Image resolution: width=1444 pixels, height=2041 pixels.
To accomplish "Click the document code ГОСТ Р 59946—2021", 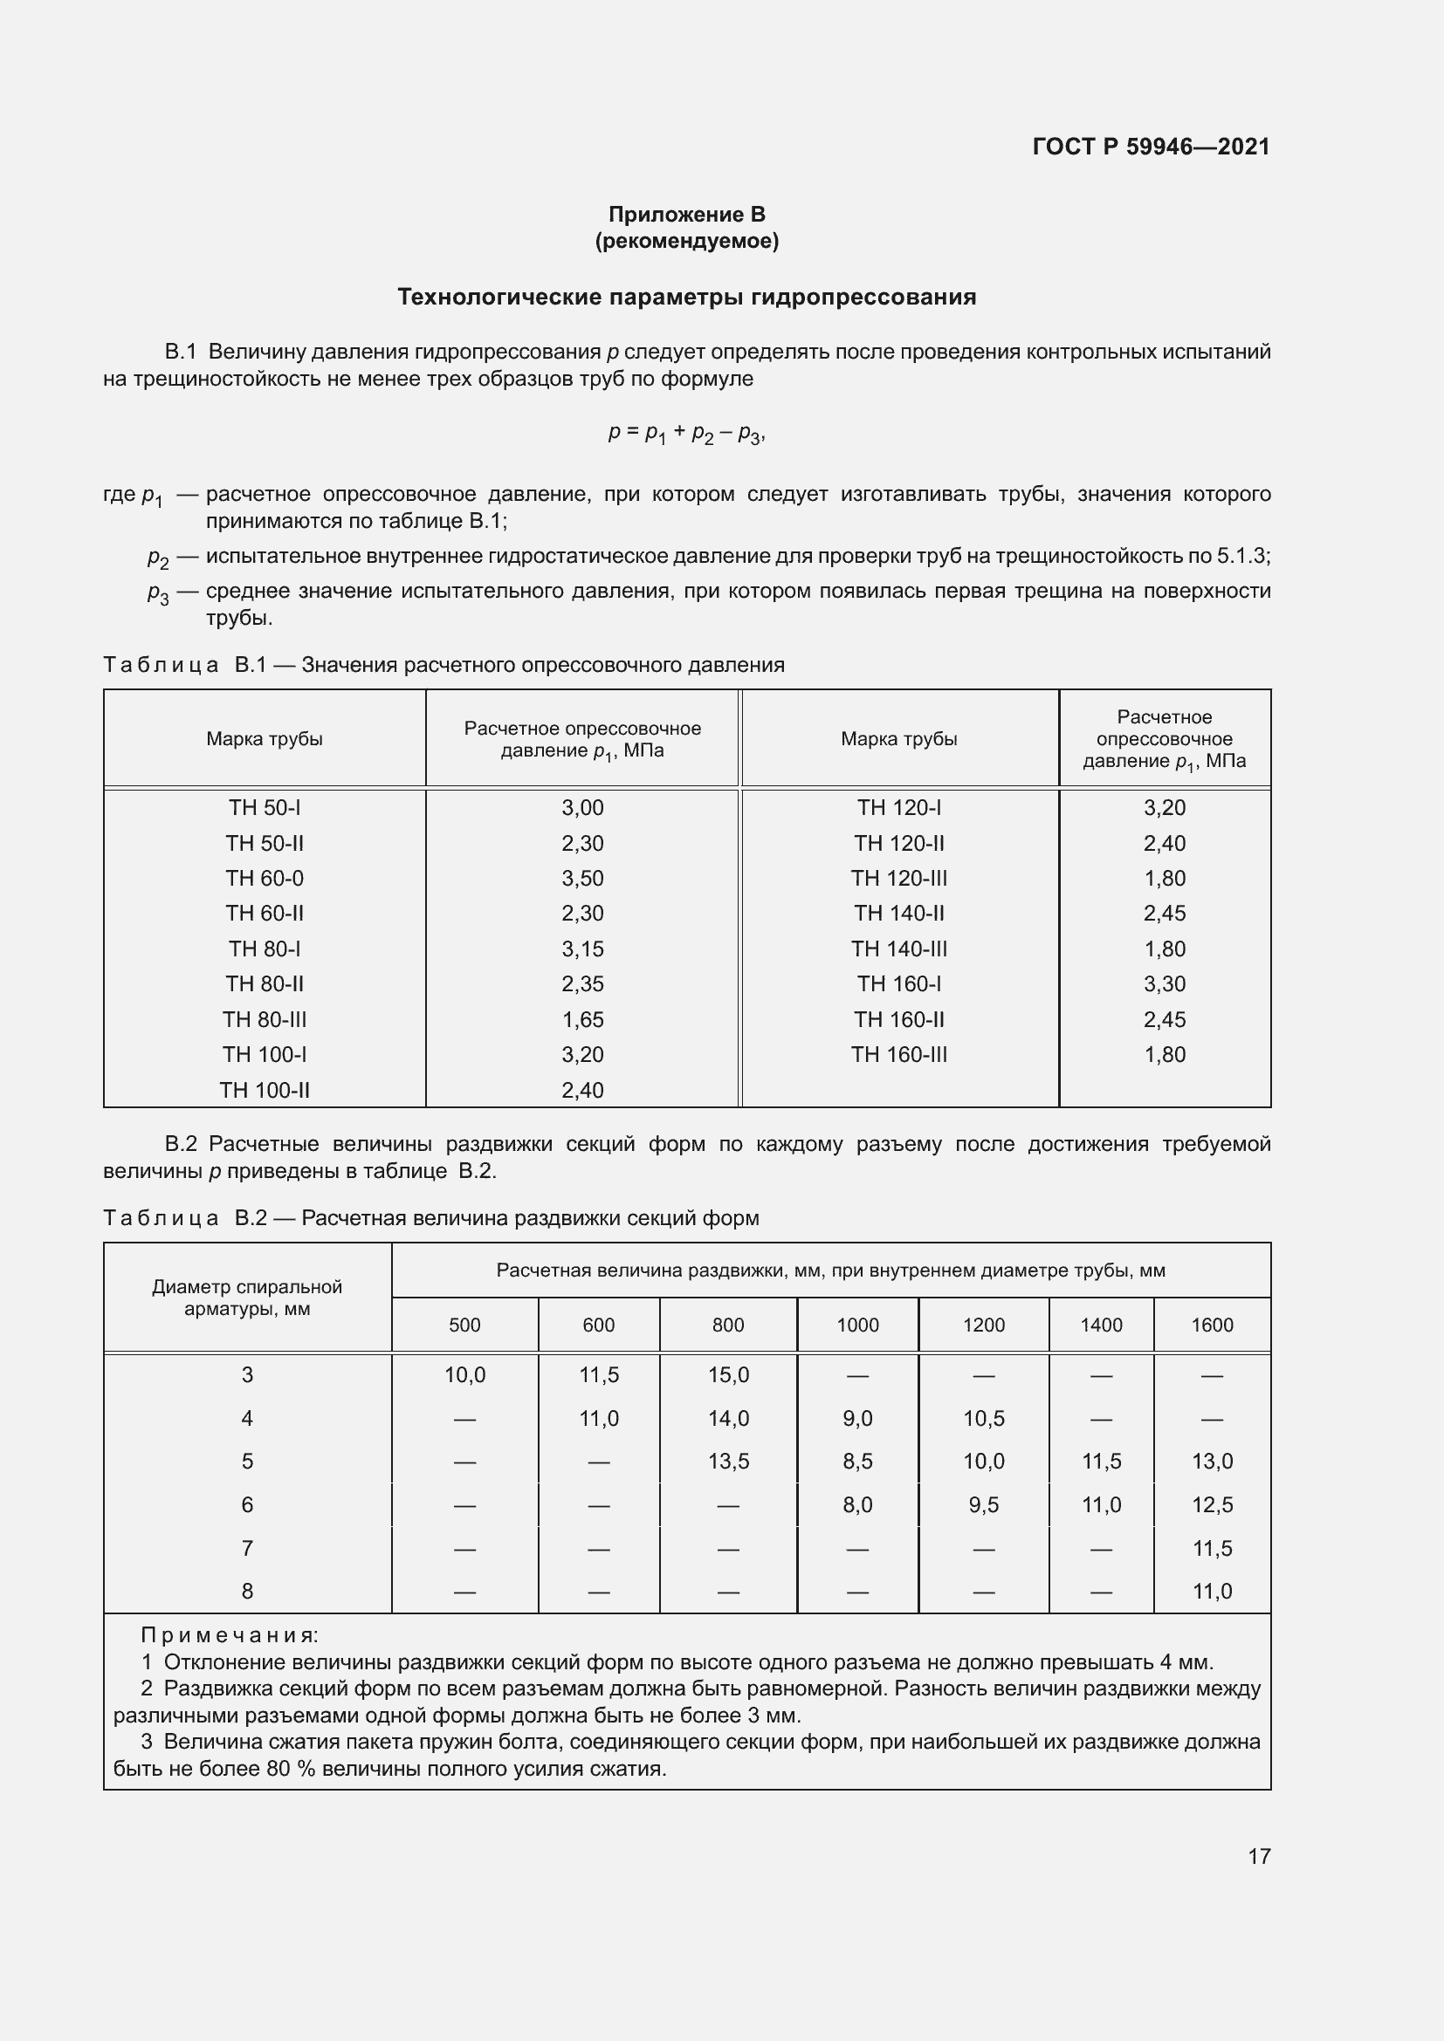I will click(1151, 147).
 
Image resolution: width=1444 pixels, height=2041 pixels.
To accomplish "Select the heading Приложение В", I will click(686, 215).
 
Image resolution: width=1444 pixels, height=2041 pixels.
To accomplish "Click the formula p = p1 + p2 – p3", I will click(686, 434).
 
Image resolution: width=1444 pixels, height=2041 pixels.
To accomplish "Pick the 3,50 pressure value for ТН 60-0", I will click(582, 879).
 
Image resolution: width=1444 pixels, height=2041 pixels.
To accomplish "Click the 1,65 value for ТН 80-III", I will click(582, 1019).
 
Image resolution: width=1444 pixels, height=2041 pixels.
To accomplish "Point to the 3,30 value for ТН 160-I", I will click(1164, 984).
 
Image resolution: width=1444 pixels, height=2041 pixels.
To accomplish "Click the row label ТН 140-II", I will click(899, 913).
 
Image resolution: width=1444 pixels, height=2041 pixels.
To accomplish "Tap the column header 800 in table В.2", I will click(727, 1325).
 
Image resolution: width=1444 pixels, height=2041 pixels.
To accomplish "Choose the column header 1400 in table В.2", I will click(1101, 1325).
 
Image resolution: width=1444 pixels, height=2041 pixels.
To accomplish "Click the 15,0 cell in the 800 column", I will click(728, 1375).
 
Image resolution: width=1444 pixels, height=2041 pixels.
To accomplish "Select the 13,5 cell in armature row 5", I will click(728, 1462).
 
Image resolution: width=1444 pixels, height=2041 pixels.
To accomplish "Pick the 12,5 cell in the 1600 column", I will click(1212, 1505).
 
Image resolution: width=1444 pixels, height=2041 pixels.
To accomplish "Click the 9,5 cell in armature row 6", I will click(983, 1505).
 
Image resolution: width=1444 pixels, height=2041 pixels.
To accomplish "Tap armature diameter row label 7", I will click(247, 1549).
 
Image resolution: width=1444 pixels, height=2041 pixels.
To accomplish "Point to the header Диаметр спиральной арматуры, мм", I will click(247, 1298).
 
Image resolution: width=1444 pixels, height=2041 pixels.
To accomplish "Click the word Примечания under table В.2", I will click(230, 1635).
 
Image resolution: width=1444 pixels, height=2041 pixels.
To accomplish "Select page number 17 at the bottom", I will click(1259, 1856).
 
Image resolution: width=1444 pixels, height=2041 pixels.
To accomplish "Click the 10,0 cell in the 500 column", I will click(465, 1375).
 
